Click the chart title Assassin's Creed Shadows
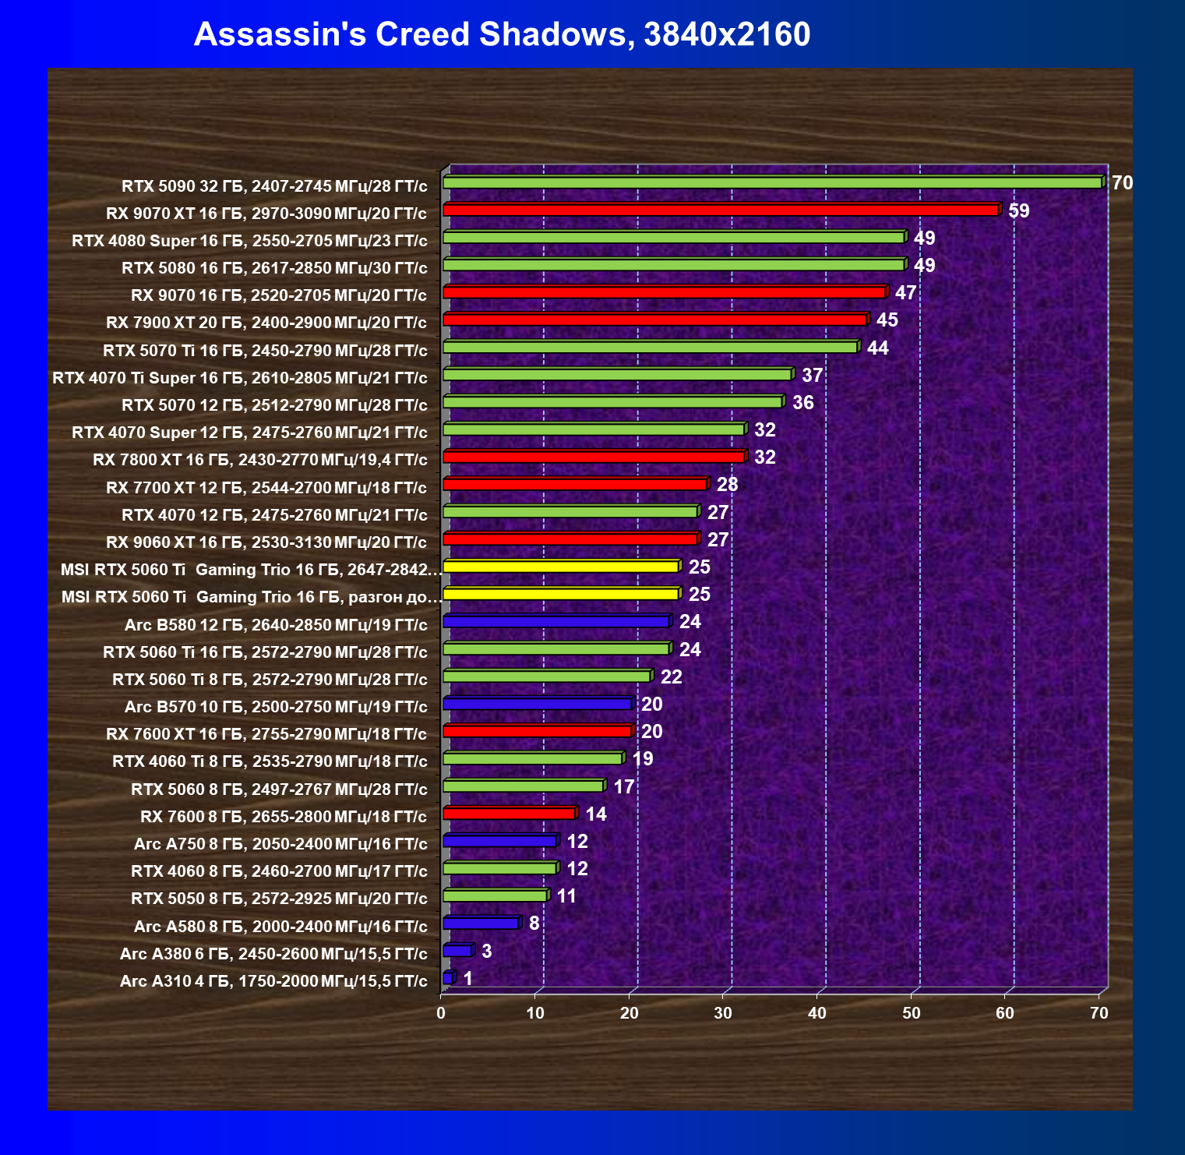[502, 34]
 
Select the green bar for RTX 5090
[771, 182]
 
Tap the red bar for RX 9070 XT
[720, 210]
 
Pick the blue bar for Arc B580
[555, 622]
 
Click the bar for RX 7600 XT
[537, 731]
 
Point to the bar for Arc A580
[481, 924]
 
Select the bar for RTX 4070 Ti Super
[617, 375]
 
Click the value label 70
[1122, 183]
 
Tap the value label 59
[1018, 211]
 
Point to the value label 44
[877, 348]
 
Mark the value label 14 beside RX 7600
[595, 814]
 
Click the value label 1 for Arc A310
[467, 978]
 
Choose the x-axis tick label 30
[723, 1013]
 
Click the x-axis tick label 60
[1005, 1013]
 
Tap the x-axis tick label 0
[442, 1013]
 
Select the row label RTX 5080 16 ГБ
[274, 268]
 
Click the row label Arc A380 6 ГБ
[273, 954]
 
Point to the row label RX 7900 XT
[266, 323]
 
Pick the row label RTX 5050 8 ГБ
[279, 899]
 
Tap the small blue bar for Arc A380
[457, 951]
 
